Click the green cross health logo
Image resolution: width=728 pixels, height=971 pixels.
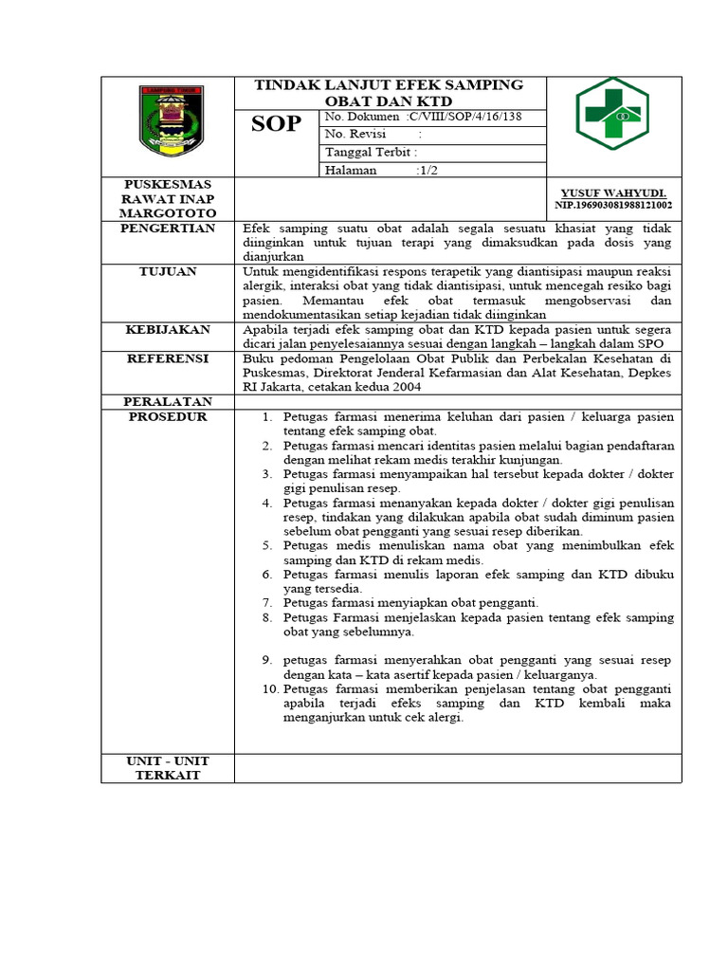[612, 114]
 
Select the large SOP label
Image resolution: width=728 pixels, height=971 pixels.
[276, 124]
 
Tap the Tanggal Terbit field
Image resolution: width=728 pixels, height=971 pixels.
[371, 152]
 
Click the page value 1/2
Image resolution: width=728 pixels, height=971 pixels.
[427, 171]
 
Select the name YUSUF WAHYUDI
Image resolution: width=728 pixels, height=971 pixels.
[613, 192]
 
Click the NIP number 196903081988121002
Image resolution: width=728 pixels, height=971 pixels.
[613, 205]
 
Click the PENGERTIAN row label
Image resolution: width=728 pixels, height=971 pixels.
[168, 229]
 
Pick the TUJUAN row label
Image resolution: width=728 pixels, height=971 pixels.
[168, 271]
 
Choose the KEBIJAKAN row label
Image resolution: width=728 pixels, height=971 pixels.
[168, 328]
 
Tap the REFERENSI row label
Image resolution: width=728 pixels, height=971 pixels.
[168, 358]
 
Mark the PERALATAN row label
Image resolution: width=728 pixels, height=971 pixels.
[168, 402]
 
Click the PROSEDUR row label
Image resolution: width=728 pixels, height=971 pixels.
[168, 416]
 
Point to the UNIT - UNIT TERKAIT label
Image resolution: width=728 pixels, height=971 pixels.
[168, 768]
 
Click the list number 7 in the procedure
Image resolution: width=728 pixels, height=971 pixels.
[267, 602]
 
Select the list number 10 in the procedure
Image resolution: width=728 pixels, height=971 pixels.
[266, 687]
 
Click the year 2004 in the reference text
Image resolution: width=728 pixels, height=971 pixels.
[404, 387]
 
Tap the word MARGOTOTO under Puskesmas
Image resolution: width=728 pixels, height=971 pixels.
[168, 213]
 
